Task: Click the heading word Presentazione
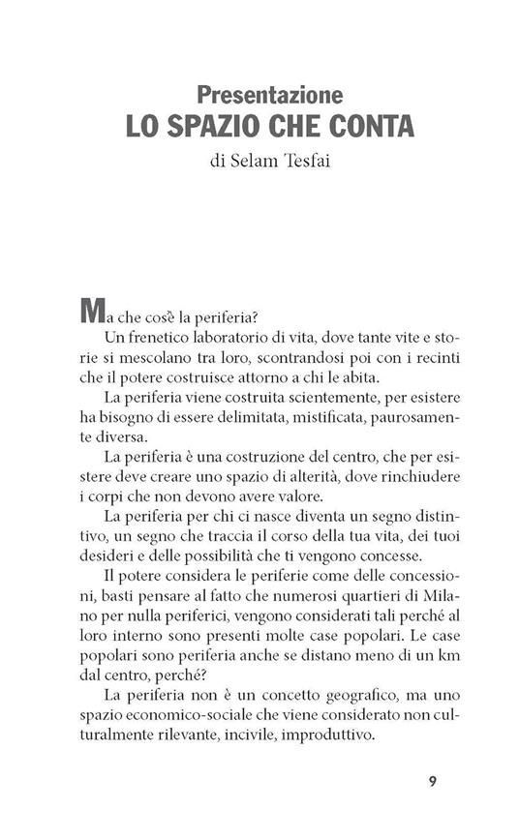point(269,95)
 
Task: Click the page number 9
point(432,783)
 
